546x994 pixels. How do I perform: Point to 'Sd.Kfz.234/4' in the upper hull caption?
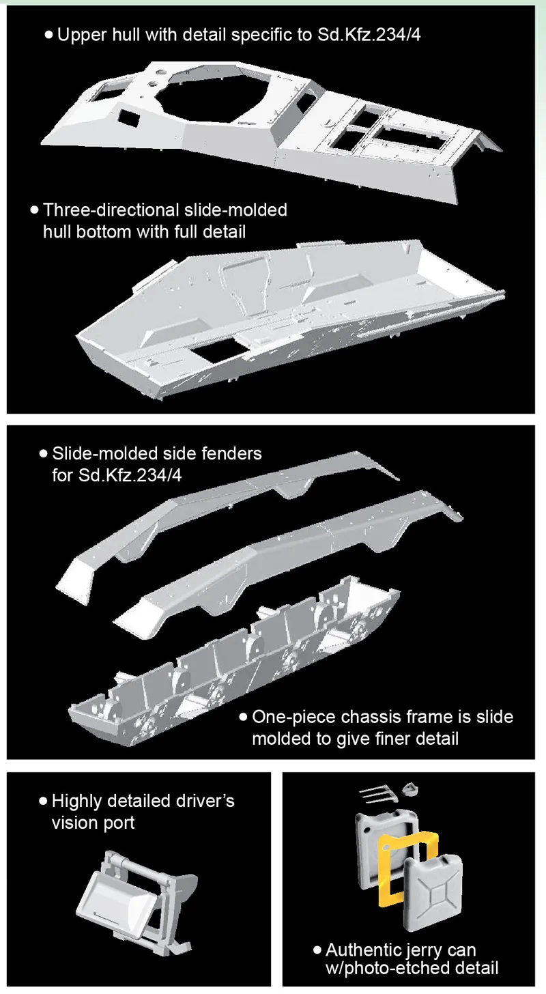369,35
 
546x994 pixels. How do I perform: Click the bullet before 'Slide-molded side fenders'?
43,454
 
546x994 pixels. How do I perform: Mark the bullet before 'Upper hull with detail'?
48,35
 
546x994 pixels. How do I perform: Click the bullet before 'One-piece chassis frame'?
242,717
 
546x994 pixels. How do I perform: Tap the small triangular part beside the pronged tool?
410,789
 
